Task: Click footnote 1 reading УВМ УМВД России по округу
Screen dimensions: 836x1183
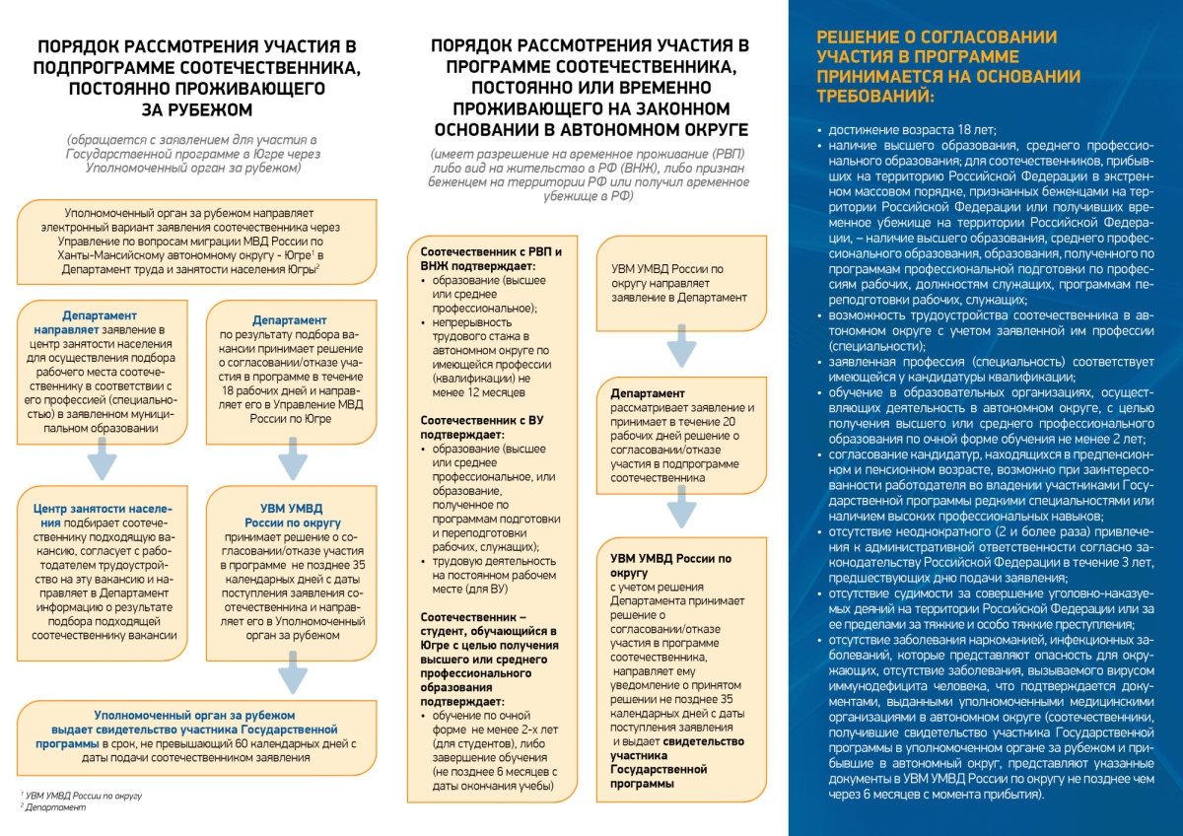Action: pyautogui.click(x=83, y=795)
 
